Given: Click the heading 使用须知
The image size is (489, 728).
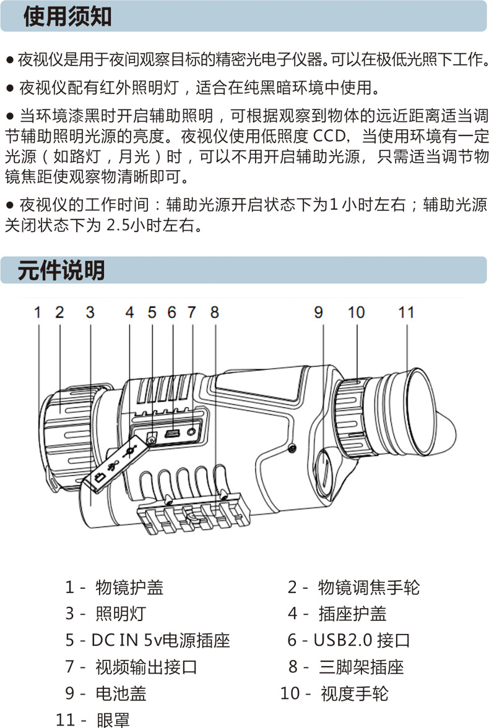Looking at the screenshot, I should pyautogui.click(x=67, y=17).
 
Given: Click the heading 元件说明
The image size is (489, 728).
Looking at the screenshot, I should pyautogui.click(x=61, y=271).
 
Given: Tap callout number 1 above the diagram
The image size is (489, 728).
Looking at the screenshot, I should pyautogui.click(x=37, y=312).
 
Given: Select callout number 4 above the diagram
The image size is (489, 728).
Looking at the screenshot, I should pyautogui.click(x=129, y=312).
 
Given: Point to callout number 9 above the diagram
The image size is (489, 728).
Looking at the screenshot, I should pyautogui.click(x=318, y=312).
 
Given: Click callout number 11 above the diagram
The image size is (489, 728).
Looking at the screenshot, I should pyautogui.click(x=405, y=312).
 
